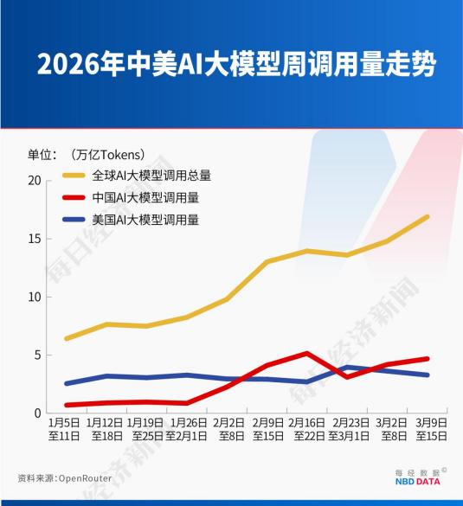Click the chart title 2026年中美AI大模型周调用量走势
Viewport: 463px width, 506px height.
click(232, 66)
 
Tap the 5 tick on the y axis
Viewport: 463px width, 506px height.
click(37, 355)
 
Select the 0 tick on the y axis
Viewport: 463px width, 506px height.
click(37, 413)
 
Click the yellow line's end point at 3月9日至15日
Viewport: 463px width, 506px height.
click(428, 216)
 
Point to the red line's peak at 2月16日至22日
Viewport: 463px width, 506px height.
click(307, 353)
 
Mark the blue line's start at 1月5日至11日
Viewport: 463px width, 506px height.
click(67, 383)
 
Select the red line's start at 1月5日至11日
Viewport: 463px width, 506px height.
click(67, 405)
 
